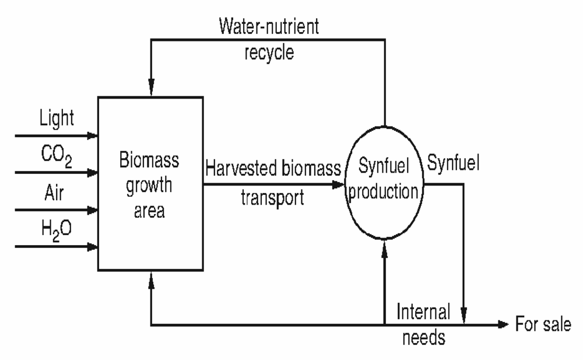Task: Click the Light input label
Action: coord(57,118)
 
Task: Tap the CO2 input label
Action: coord(57,157)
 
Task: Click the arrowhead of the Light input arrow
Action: coord(92,135)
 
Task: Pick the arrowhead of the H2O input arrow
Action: coord(92,247)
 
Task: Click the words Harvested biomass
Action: coord(273,169)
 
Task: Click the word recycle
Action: coord(269,53)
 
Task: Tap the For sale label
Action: coord(543,324)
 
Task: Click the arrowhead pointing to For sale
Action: coord(503,324)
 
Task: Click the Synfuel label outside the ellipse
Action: coord(454,165)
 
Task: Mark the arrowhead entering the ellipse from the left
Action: coord(339,185)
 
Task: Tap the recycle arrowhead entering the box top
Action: coord(151,91)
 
